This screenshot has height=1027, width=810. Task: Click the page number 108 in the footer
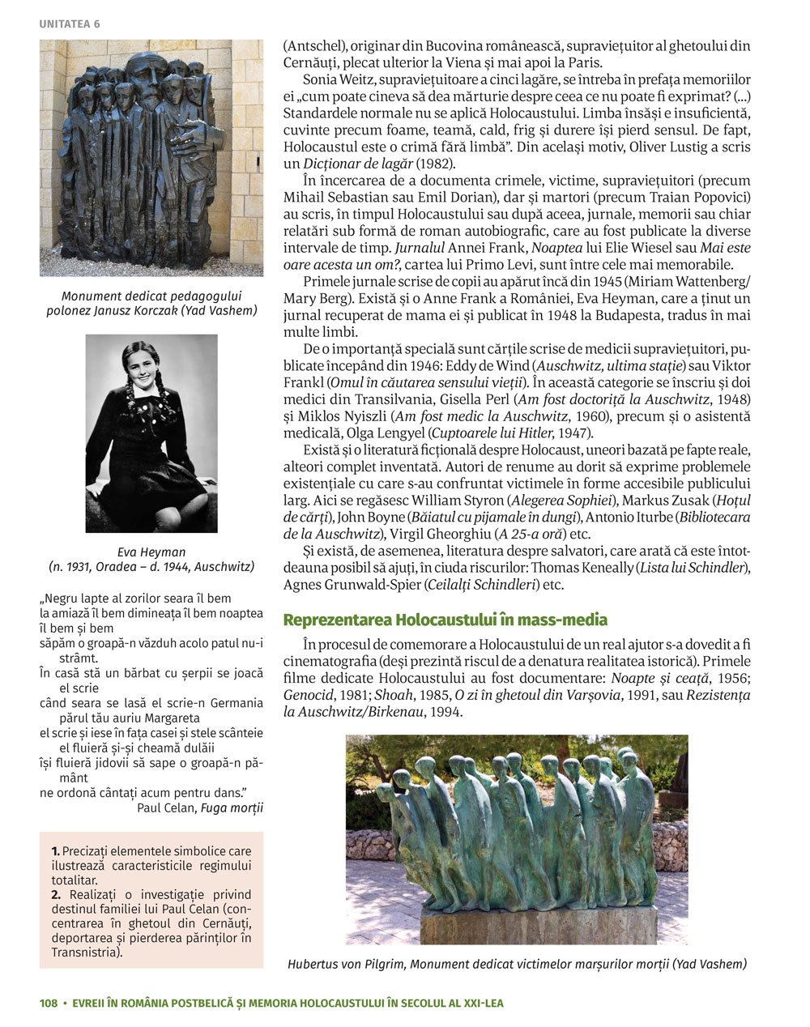click(x=49, y=1003)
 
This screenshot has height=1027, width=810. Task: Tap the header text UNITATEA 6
click(x=70, y=24)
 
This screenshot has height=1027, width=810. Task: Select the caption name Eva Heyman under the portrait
click(x=151, y=552)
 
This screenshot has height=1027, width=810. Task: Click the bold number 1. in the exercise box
click(x=56, y=851)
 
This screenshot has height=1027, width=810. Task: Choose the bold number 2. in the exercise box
click(x=56, y=895)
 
